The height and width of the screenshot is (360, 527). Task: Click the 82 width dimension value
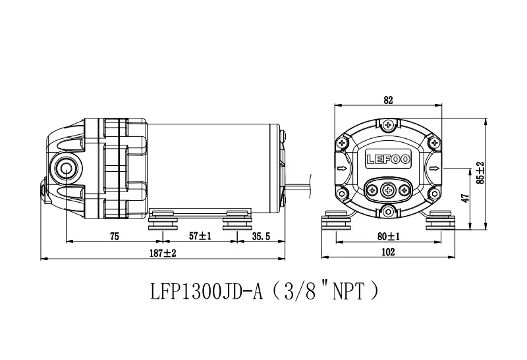pos(388,100)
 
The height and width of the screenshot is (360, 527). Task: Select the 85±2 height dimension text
pos(481,172)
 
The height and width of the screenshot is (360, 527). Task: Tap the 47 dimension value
pos(465,198)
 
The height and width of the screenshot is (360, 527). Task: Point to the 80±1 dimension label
pos(389,237)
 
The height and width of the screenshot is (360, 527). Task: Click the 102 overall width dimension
pos(388,252)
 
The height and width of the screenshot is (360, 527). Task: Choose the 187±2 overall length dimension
pos(163,253)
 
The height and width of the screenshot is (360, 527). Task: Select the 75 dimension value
pos(114,236)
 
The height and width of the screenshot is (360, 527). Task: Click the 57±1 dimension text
pos(200,236)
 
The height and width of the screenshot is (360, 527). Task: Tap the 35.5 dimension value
pos(261,236)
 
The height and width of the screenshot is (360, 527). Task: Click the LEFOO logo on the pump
pos(388,159)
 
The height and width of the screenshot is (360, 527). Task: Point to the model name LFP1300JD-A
pos(206,291)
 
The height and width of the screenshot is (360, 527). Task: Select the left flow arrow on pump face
pos(343,168)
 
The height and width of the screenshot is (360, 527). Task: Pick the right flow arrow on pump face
pos(434,168)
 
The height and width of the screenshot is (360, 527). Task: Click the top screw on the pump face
pos(389,125)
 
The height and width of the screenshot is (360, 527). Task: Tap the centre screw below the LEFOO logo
pos(389,191)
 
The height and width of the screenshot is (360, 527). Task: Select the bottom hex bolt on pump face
pos(389,211)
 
